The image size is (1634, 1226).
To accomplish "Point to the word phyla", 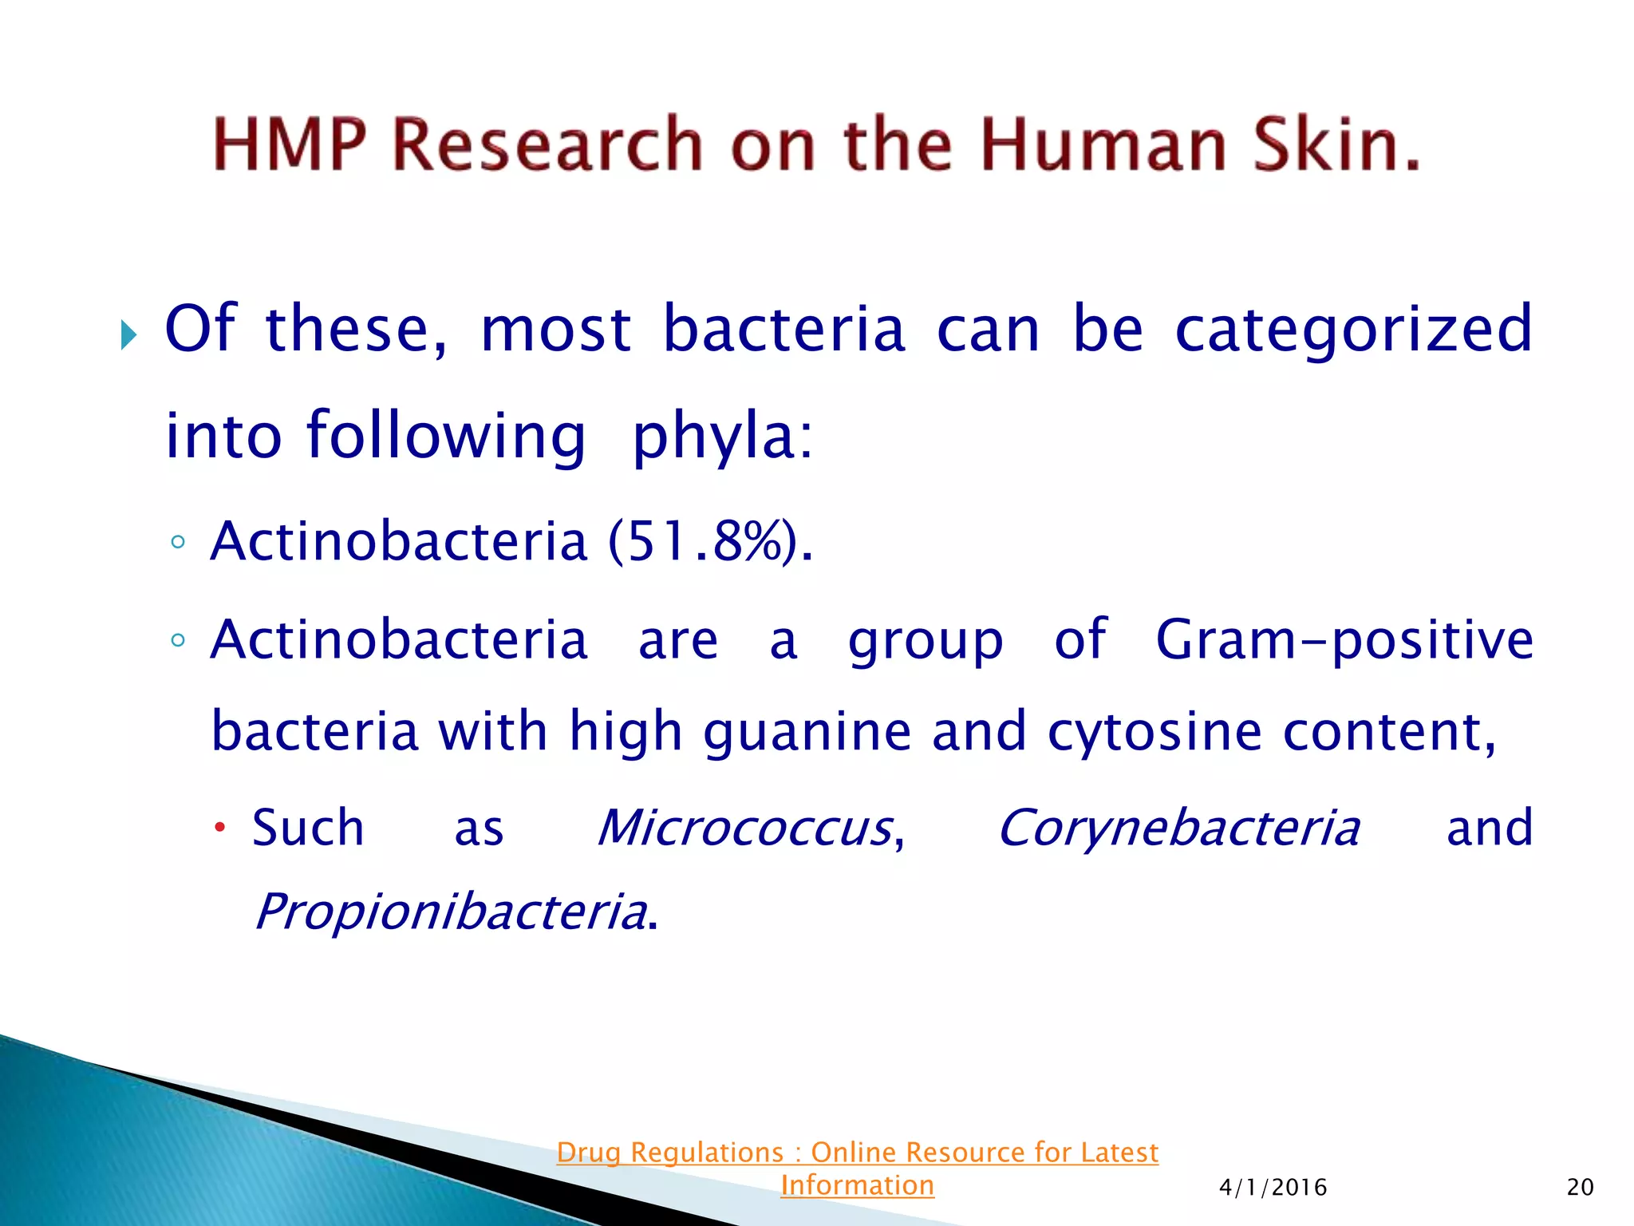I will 721,437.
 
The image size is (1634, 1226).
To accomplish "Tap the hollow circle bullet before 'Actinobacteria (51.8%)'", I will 178,543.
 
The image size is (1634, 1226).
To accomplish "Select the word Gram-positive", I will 1344,640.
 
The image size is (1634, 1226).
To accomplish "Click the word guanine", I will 807,731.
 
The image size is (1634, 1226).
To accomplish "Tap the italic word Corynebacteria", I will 1178,828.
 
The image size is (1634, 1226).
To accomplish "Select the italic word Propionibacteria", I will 451,912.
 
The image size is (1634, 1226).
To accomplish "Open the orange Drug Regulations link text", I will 857,1153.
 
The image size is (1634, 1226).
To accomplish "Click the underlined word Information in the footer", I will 857,1185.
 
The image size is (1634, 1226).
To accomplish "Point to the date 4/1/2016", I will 1273,1188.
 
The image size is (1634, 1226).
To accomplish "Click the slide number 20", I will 1580,1188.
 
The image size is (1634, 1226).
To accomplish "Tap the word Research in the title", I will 548,145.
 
